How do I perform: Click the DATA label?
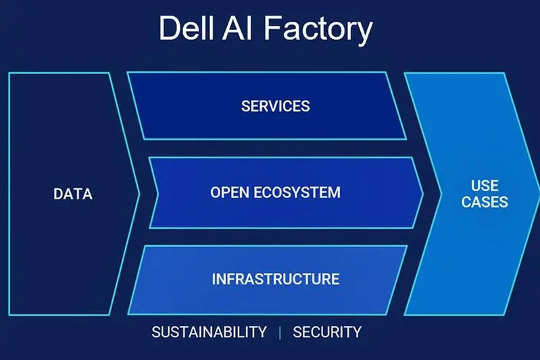(73, 195)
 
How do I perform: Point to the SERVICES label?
(275, 106)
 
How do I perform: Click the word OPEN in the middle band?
(230, 192)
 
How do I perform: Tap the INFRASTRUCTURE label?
(275, 279)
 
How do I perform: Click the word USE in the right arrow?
(485, 186)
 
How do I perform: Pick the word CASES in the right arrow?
(485, 202)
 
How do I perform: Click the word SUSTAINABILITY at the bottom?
(209, 332)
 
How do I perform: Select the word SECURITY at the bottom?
(327, 332)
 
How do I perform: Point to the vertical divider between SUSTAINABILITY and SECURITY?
(279, 332)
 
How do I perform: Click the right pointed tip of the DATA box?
(139, 194)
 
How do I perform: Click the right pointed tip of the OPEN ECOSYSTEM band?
(422, 193)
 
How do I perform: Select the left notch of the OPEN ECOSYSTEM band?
(159, 193)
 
